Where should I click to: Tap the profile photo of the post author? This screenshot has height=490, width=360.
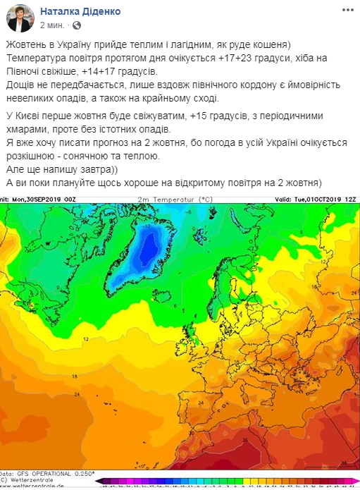[x=19, y=18]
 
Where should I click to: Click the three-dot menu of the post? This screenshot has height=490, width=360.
[x=347, y=11]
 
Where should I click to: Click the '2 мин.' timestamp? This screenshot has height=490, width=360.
[x=52, y=25]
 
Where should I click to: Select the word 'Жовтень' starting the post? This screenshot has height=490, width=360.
[x=25, y=44]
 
